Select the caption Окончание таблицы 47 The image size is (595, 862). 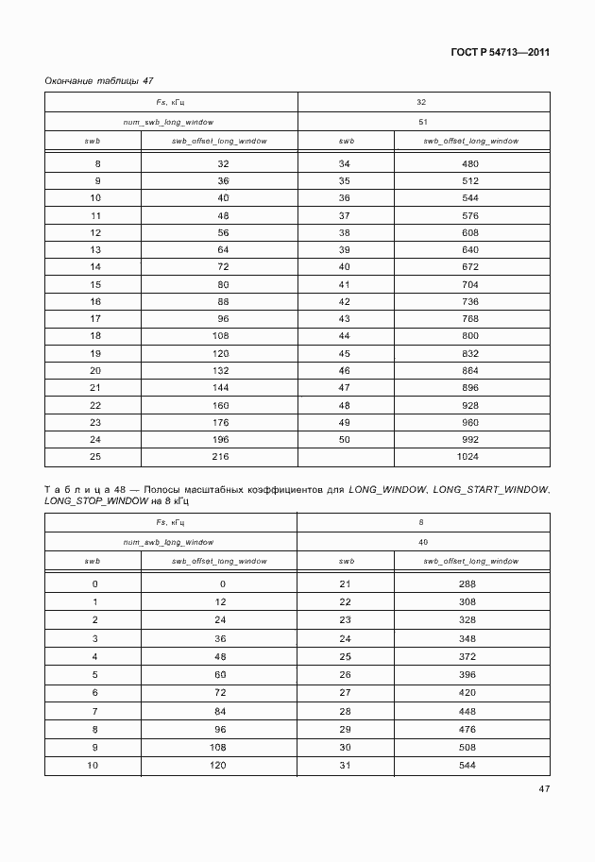(x=92, y=80)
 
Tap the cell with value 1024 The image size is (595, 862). (x=470, y=457)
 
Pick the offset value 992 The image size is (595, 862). (x=470, y=440)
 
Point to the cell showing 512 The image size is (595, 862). (x=470, y=180)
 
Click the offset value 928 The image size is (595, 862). (x=470, y=405)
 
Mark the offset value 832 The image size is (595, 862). (x=470, y=353)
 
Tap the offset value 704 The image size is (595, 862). (x=470, y=284)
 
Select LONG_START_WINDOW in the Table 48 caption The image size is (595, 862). (x=491, y=489)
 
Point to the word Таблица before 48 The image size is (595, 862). (x=85, y=489)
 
